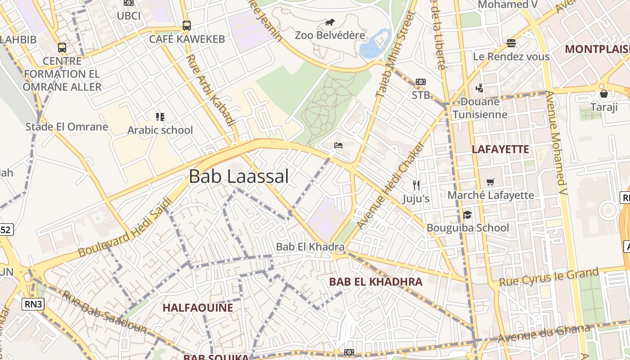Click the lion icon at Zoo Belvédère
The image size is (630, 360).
point(330,22)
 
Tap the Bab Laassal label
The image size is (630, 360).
point(238,176)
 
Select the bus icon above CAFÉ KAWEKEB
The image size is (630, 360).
point(187,26)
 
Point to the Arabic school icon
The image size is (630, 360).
point(160,117)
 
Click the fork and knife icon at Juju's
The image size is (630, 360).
point(416,185)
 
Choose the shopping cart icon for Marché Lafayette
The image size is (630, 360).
point(490,182)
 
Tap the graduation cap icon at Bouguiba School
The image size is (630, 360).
point(468,215)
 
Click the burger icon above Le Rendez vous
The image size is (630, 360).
point(511,43)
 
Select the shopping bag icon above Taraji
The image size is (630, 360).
point(603,94)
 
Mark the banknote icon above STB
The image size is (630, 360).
point(421,82)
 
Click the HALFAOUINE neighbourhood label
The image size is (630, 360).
point(198,308)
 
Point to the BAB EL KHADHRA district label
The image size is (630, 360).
point(376,282)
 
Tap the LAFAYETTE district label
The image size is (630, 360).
point(500,149)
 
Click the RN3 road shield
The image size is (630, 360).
point(34,304)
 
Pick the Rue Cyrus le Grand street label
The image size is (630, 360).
point(549,277)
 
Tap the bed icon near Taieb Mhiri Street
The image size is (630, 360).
point(338,145)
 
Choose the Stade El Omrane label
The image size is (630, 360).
point(67,127)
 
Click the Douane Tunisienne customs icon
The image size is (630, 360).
point(479,88)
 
